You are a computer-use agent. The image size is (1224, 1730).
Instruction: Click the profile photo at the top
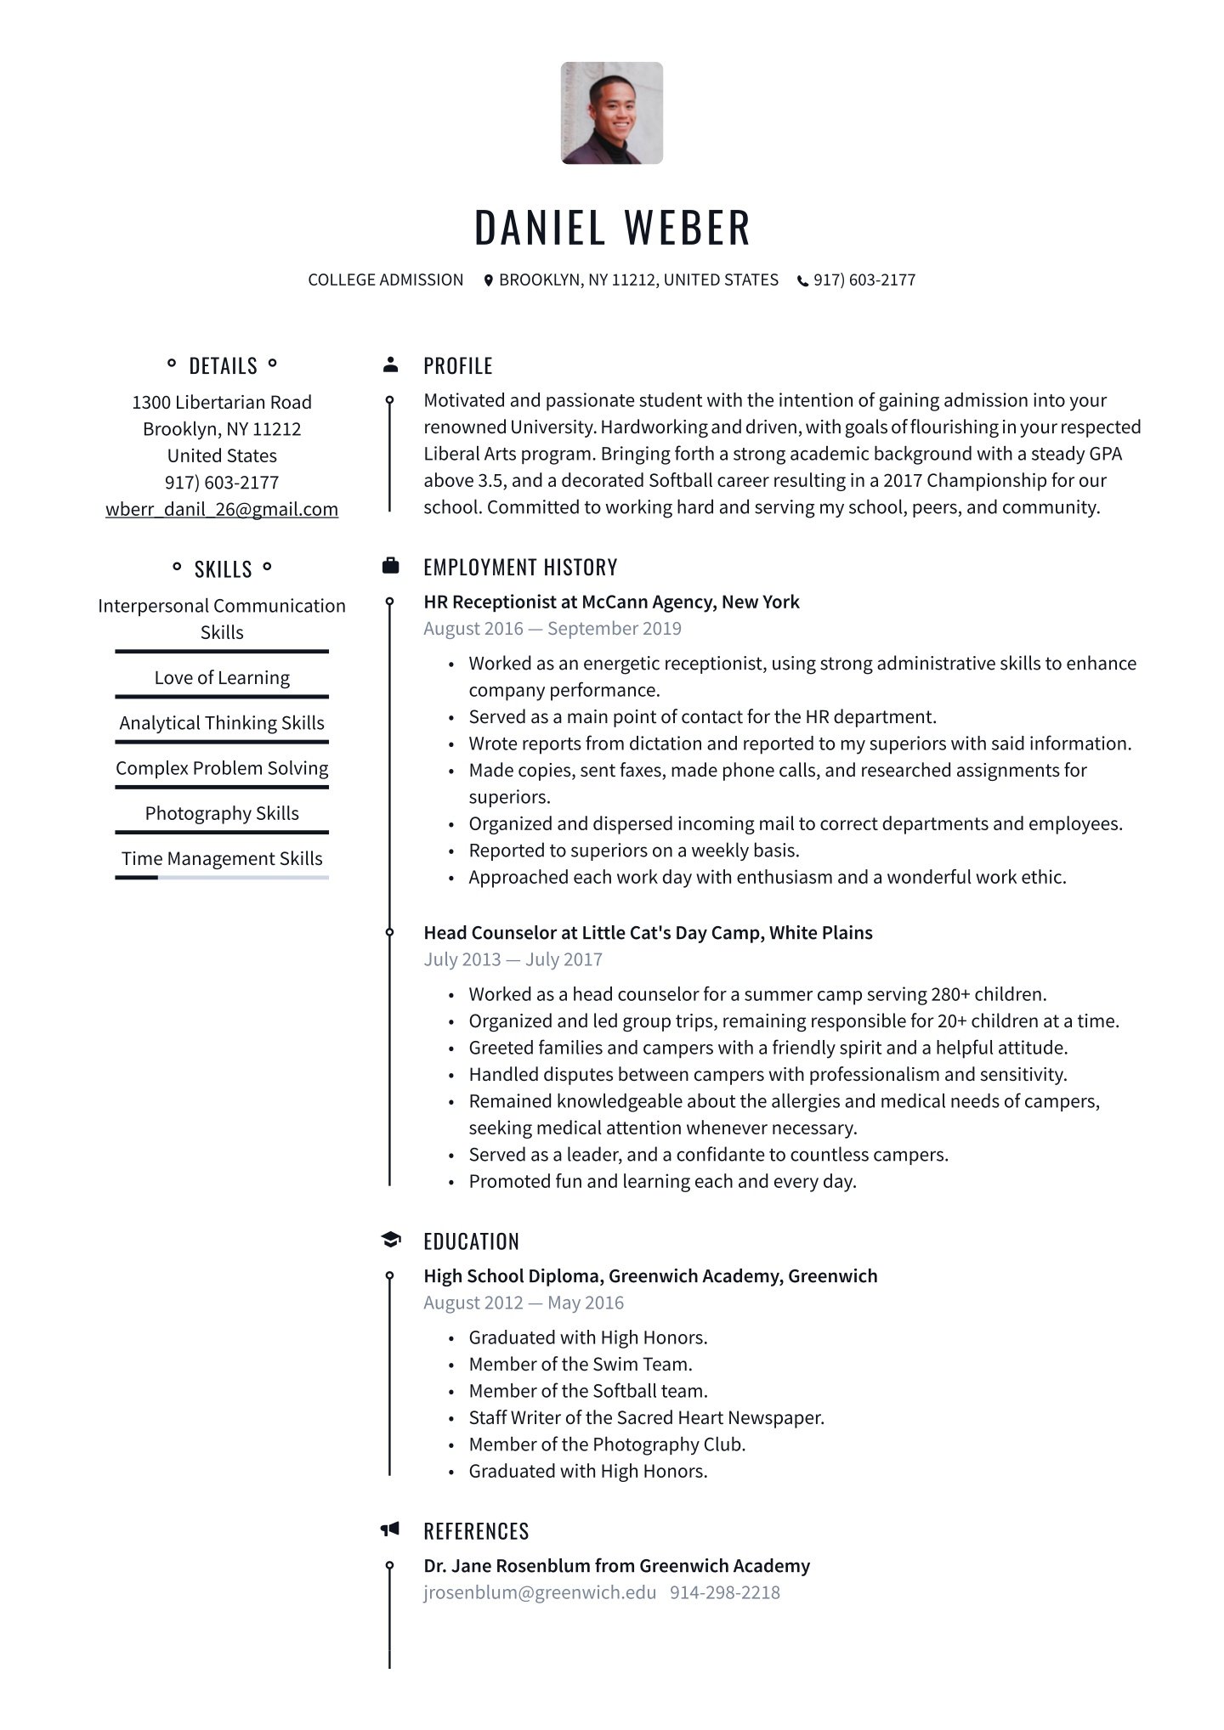click(611, 113)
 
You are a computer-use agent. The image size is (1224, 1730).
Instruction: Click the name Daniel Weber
click(612, 228)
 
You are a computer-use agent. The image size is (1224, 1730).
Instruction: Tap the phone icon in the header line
click(802, 280)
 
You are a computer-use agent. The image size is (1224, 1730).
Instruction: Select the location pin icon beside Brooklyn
click(488, 280)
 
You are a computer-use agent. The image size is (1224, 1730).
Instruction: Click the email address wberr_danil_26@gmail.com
click(222, 509)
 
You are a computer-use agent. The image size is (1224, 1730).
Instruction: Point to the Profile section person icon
click(390, 365)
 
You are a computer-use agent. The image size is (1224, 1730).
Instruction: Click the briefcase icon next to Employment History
click(390, 566)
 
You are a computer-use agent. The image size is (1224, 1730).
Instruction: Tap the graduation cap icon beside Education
click(390, 1240)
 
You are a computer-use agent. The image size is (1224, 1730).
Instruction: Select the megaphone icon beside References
click(390, 1529)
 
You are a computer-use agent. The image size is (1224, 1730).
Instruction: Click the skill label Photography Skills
click(222, 813)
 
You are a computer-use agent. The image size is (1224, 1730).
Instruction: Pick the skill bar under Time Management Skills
click(222, 878)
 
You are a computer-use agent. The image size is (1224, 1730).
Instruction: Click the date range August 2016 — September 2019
click(552, 629)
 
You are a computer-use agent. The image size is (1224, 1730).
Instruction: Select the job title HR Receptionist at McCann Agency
click(611, 602)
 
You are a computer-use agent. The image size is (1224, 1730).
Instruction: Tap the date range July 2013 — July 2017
click(513, 959)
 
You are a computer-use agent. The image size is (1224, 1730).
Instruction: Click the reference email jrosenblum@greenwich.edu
click(540, 1592)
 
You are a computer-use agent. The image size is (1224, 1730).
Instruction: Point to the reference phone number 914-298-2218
click(724, 1592)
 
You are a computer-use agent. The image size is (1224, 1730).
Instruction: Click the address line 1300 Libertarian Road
click(222, 402)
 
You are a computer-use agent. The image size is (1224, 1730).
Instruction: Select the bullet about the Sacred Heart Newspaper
click(646, 1417)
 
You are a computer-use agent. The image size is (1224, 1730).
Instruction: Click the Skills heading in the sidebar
click(223, 568)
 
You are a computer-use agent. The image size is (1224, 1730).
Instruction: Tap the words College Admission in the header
click(386, 280)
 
